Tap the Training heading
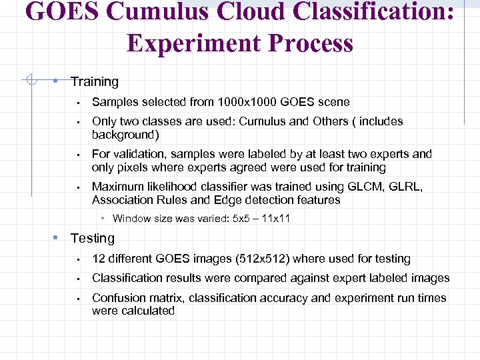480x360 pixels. click(x=94, y=82)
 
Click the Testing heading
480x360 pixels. click(x=93, y=239)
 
